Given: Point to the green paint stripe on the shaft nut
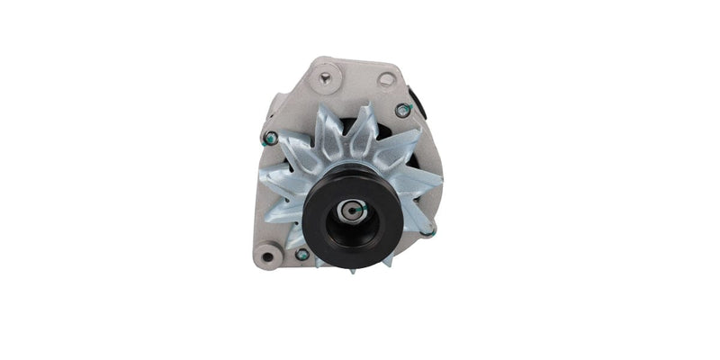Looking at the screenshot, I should point(357,209).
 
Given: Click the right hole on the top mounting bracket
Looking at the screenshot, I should point(386,79).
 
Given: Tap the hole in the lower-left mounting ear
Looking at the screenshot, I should point(266,258).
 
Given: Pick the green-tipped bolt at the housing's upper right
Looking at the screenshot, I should point(403,110).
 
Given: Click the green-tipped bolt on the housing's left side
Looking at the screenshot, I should point(269,139).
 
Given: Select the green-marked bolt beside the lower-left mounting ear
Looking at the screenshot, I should point(302,255).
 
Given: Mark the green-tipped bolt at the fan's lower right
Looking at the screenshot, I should point(430,232).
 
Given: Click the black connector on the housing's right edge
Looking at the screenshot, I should point(416,99).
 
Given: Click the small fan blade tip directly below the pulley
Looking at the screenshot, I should point(352,267).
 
